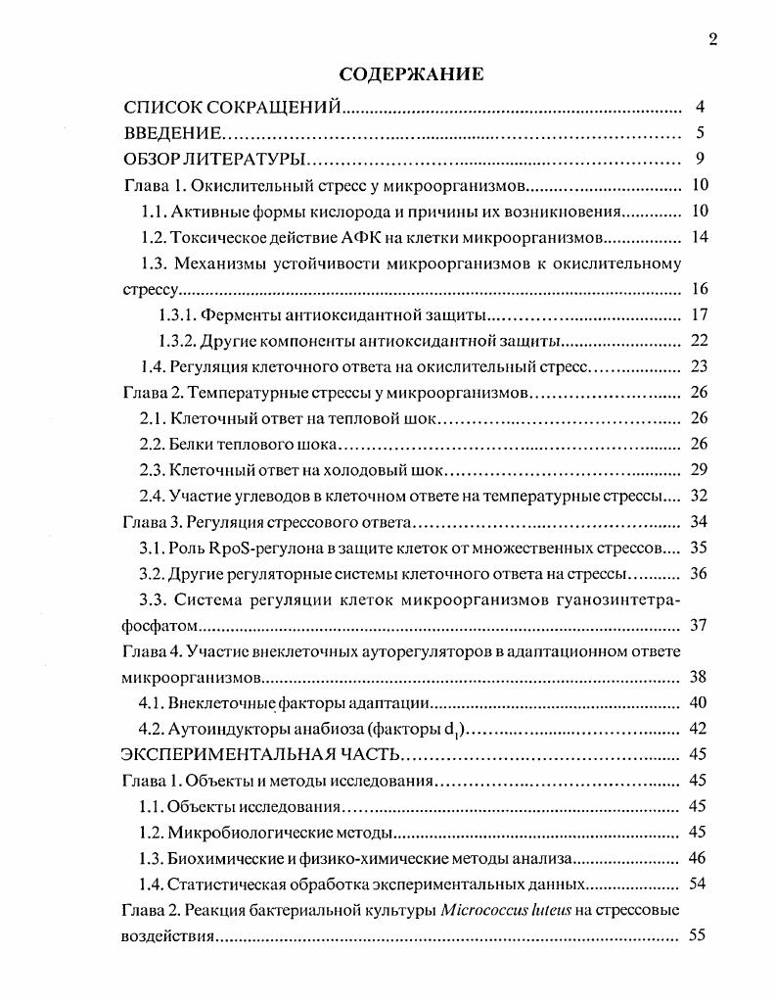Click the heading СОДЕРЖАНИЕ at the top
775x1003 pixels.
pos(410,73)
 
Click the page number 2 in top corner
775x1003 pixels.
pos(712,39)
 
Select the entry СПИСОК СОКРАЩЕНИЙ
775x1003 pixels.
pos(232,107)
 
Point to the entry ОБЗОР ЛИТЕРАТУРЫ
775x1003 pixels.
pos(216,160)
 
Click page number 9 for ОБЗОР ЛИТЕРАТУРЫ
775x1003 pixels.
pos(701,160)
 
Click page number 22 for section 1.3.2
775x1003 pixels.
pos(699,341)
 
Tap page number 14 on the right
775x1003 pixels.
pos(699,237)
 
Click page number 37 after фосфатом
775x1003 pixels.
pos(699,624)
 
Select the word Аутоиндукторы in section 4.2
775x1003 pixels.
pos(227,728)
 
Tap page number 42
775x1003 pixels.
pos(699,728)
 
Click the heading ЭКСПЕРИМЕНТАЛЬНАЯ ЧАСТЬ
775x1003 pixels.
pos(260,754)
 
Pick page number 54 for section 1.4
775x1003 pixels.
pos(699,884)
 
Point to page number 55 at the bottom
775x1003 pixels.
pos(699,935)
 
